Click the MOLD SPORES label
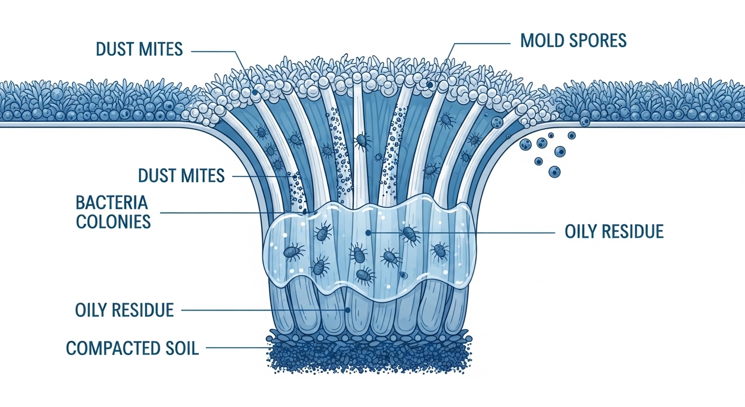click(574, 41)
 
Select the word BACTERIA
click(112, 202)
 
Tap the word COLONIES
click(113, 221)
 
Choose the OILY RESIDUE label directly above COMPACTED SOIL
click(124, 309)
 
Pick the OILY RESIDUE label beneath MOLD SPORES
click(614, 232)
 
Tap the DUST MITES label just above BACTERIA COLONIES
click(181, 175)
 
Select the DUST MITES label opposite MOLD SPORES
click(139, 49)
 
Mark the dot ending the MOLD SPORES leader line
click(430, 84)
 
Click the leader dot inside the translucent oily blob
click(368, 232)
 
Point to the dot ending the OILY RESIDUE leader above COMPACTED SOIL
click(348, 310)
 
